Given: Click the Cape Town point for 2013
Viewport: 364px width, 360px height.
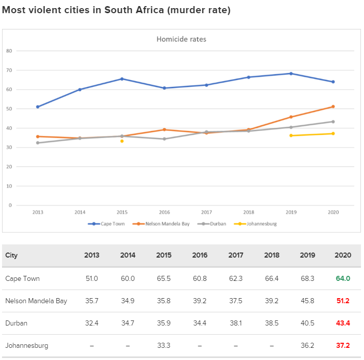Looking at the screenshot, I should coord(38,107).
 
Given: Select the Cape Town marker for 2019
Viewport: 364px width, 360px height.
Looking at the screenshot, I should coord(290,74).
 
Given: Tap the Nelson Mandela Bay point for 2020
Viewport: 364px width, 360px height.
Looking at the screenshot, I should coord(333,106).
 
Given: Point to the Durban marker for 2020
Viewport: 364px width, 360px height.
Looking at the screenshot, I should coord(333,122).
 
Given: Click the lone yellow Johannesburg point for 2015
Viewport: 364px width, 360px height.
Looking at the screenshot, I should coord(122,141).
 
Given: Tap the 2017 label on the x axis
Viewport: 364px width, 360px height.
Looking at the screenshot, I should coord(206,212).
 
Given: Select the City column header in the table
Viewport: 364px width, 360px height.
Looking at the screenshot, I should coord(11,255).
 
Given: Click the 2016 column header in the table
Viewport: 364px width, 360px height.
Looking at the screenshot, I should coord(200,255).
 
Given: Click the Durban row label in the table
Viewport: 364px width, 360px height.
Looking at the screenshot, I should coord(16,323).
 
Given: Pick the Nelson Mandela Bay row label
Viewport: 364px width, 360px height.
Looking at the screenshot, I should coord(36,301).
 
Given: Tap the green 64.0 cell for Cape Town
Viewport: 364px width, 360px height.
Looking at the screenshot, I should coord(343,278).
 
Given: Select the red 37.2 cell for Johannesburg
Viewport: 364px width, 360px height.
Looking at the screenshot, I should coord(343,345).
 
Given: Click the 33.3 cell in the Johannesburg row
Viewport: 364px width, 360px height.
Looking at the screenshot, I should coord(164,345).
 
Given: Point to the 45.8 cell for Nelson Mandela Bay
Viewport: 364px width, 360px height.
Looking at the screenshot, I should coord(307,301).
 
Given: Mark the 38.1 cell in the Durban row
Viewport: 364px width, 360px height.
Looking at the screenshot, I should coord(236,323).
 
